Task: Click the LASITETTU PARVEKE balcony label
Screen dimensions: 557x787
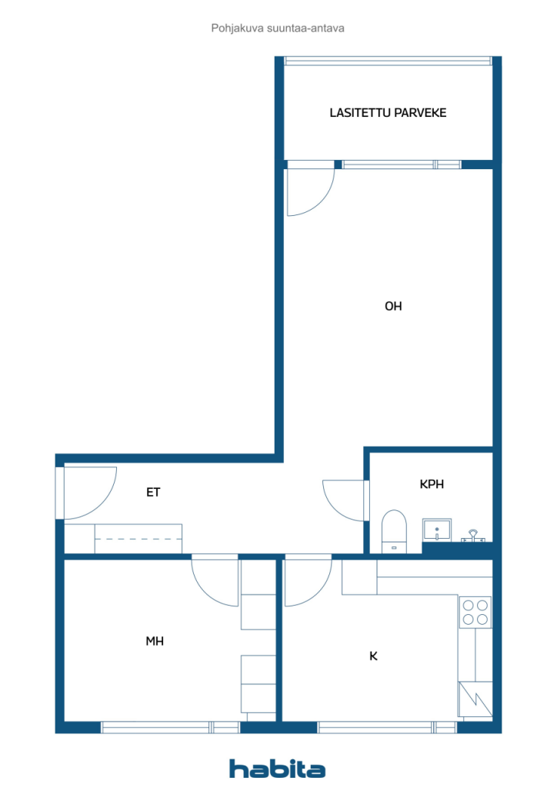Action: click(388, 112)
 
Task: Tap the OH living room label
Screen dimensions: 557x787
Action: click(393, 306)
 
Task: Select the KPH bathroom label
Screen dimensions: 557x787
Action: click(432, 484)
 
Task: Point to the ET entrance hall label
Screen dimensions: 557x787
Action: click(153, 493)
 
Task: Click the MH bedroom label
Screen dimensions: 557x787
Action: click(155, 641)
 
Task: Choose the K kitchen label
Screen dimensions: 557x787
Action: click(373, 656)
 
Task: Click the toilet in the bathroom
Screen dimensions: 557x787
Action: click(394, 532)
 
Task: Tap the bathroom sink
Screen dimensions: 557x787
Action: click(437, 530)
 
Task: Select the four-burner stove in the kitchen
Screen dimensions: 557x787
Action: click(475, 613)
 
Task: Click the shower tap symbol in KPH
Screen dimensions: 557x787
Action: click(473, 536)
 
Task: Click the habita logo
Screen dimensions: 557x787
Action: click(277, 769)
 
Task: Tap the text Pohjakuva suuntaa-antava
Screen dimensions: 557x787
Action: click(278, 28)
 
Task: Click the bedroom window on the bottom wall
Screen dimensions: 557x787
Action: click(171, 727)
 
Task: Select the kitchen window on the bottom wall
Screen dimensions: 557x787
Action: click(387, 727)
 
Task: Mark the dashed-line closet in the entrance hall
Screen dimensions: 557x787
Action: click(138, 539)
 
